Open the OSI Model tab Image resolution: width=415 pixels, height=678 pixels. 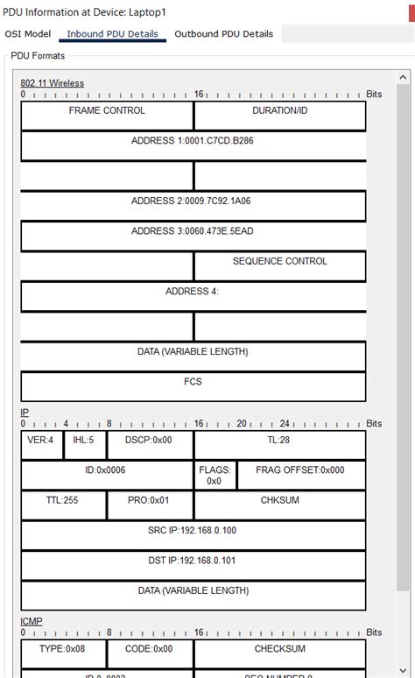pyautogui.click(x=28, y=34)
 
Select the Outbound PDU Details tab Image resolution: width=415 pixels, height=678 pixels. pyautogui.click(x=223, y=34)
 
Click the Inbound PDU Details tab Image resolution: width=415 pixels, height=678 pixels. pyautogui.click(x=112, y=34)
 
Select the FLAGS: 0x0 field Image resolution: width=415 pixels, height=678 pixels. pyautogui.click(x=214, y=475)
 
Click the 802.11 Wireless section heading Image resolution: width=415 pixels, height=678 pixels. pyautogui.click(x=52, y=83)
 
